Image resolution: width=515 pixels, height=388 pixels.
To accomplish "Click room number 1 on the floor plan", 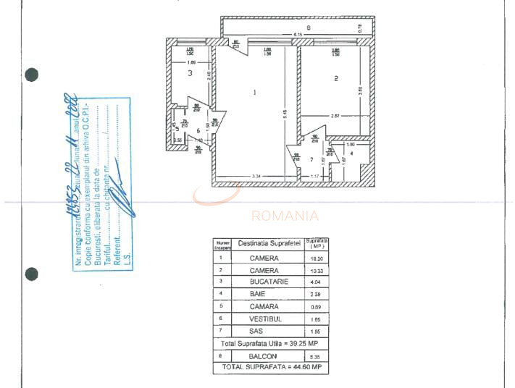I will tap(254, 92).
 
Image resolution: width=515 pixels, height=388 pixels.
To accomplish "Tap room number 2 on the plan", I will tap(336, 79).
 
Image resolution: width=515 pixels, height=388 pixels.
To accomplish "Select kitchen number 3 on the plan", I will tap(190, 72).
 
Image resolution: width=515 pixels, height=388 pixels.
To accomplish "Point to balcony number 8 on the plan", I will tap(308, 28).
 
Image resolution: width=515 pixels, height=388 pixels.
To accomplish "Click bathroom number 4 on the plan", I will tap(351, 153).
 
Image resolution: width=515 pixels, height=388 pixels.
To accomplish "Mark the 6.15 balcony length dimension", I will tap(298, 35).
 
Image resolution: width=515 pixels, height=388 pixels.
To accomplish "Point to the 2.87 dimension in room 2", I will tap(335, 116).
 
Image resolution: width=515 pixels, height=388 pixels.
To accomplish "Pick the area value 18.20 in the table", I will tap(317, 258).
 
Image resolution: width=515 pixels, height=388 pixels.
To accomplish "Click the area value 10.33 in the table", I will tap(317, 270).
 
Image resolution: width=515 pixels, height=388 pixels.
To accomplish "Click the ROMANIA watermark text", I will tap(285, 215).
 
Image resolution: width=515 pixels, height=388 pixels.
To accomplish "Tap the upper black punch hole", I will tap(31, 74).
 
